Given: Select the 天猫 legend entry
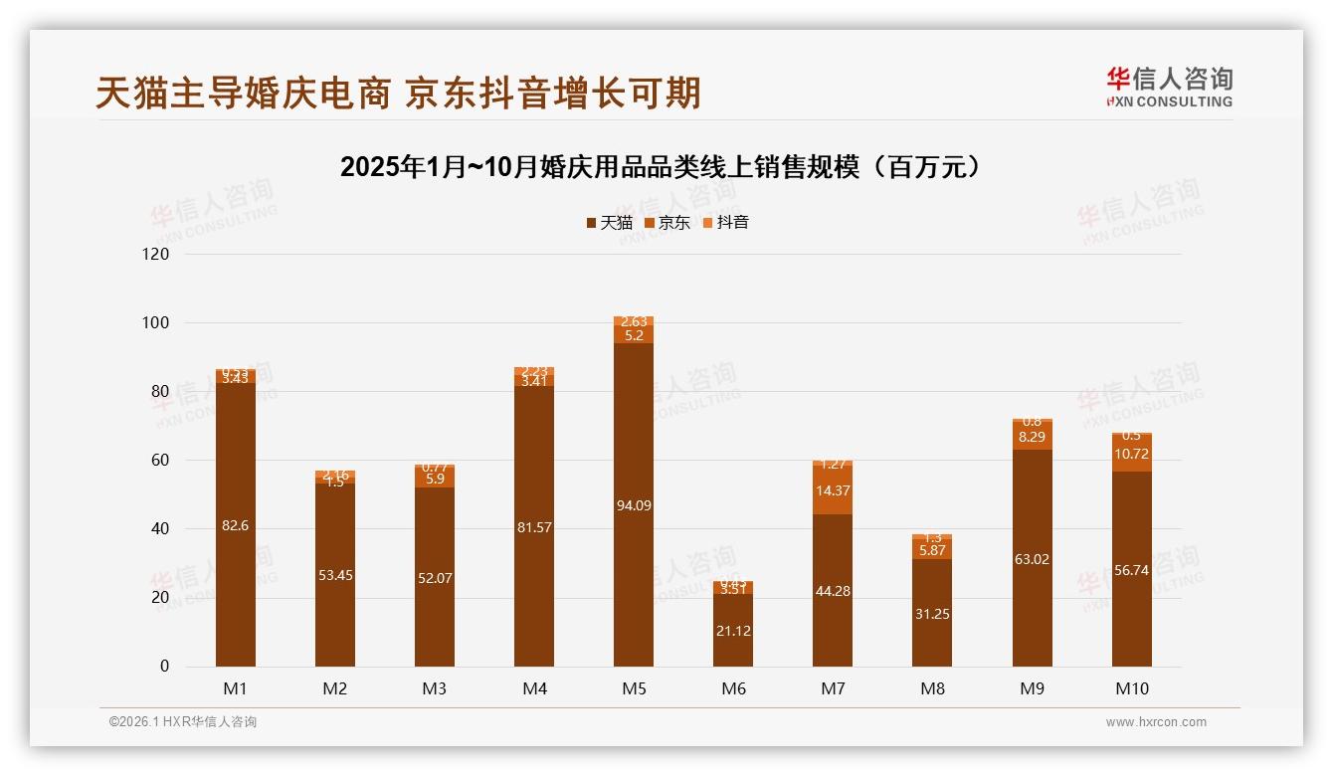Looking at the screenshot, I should click(x=609, y=223).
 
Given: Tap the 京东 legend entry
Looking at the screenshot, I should click(x=667, y=223).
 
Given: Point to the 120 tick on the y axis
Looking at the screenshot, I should click(x=157, y=255).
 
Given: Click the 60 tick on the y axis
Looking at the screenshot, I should click(x=160, y=461).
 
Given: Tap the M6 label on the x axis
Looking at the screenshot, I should click(x=733, y=688).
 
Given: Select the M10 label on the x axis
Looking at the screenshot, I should click(x=1131, y=688).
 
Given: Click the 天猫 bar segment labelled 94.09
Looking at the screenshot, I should click(x=634, y=505).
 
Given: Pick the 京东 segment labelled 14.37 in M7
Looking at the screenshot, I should click(x=833, y=490).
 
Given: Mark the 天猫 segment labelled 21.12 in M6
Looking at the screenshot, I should click(x=733, y=630).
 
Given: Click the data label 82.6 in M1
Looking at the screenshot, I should click(x=236, y=525).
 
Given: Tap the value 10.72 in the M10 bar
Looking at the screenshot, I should click(x=1131, y=454).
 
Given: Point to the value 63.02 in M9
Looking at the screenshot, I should click(x=1032, y=559).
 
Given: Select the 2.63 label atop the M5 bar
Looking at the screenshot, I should click(x=634, y=321).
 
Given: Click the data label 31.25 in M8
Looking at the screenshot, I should click(x=932, y=614).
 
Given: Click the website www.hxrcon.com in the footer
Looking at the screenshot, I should click(x=1156, y=722).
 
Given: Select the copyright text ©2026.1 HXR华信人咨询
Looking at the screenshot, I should click(x=183, y=722).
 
